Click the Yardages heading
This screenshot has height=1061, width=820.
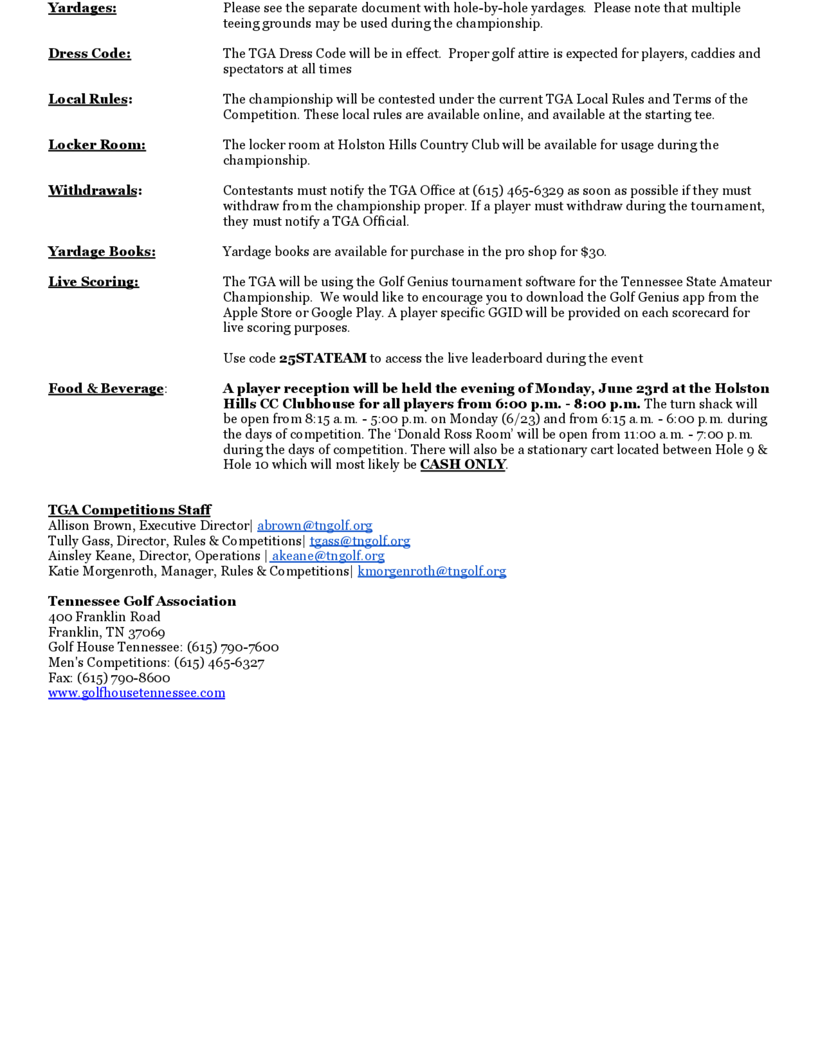tap(82, 8)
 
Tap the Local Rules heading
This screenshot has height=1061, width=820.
tap(90, 99)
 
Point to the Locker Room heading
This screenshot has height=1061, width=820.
tap(97, 145)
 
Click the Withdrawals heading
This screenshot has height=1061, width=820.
tap(95, 191)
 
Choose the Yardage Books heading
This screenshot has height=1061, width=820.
tap(102, 252)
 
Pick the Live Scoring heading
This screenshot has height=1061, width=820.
tap(93, 282)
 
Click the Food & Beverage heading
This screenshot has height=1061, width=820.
tap(106, 389)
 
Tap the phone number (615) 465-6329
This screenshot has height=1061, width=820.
tap(518, 191)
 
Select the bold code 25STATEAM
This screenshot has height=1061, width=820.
tap(323, 359)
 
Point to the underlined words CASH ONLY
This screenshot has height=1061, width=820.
tap(463, 464)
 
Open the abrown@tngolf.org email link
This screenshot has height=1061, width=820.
tap(315, 526)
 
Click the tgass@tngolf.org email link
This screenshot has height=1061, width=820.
tap(360, 541)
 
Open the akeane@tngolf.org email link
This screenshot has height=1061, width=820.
tap(328, 556)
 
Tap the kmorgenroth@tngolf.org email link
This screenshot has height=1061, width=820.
tap(432, 571)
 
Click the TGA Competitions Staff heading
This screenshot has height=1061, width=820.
tap(129, 510)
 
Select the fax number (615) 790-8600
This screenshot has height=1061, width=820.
tap(123, 678)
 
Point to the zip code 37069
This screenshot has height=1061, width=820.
tap(146, 632)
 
